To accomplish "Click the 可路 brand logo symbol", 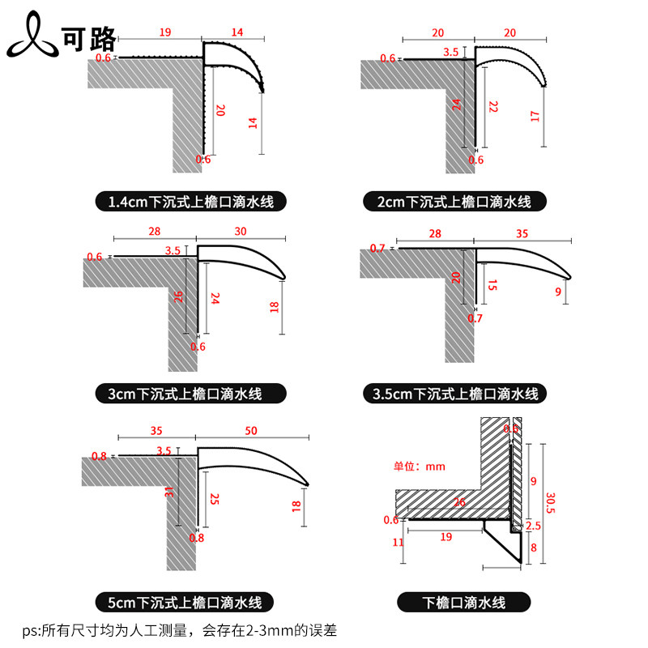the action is pyautogui.click(x=31, y=35).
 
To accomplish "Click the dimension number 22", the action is pyautogui.click(x=492, y=105).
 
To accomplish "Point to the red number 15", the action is pyautogui.click(x=492, y=285).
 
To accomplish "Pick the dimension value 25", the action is pyautogui.click(x=214, y=501).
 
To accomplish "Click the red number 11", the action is pyautogui.click(x=398, y=542).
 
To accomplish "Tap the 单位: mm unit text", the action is pyautogui.click(x=420, y=467).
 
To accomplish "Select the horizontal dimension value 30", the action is pyautogui.click(x=241, y=231).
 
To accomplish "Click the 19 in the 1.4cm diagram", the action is pyautogui.click(x=164, y=33).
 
